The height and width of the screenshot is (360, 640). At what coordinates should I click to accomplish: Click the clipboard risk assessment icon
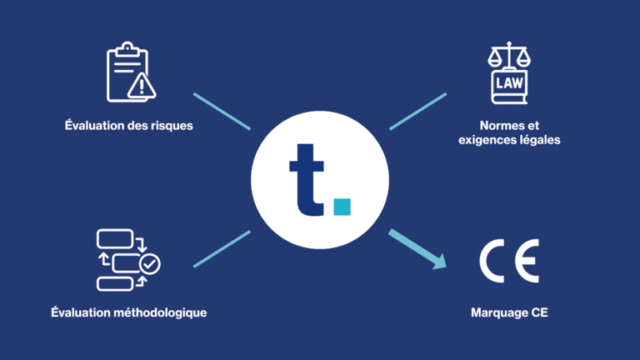pos(131,72)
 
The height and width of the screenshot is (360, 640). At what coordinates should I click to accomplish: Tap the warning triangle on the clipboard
pos(142,86)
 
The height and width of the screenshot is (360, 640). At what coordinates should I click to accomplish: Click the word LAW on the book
pos(509,83)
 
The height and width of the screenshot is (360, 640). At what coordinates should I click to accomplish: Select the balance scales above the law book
pos(509,55)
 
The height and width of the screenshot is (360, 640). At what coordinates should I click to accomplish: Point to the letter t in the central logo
pos(307,180)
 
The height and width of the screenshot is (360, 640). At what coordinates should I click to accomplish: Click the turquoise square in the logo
pos(342,207)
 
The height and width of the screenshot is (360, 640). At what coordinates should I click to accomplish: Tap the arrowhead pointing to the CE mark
pos(440,261)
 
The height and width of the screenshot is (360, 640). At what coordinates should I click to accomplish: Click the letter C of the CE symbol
pos(492,261)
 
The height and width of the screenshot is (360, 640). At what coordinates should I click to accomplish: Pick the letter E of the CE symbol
pos(527,261)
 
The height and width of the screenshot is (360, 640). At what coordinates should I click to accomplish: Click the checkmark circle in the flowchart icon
pos(150,264)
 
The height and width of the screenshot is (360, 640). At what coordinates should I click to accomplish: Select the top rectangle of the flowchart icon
pos(115,239)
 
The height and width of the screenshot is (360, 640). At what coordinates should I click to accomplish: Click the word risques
pos(172,126)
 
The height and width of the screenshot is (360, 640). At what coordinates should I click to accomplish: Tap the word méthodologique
pos(160,312)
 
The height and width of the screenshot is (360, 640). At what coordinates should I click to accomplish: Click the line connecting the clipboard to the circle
pos(222,112)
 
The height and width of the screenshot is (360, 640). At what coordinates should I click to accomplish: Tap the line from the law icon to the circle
pos(418,112)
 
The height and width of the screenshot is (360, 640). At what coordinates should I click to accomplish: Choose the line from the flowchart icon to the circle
pos(222,249)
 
